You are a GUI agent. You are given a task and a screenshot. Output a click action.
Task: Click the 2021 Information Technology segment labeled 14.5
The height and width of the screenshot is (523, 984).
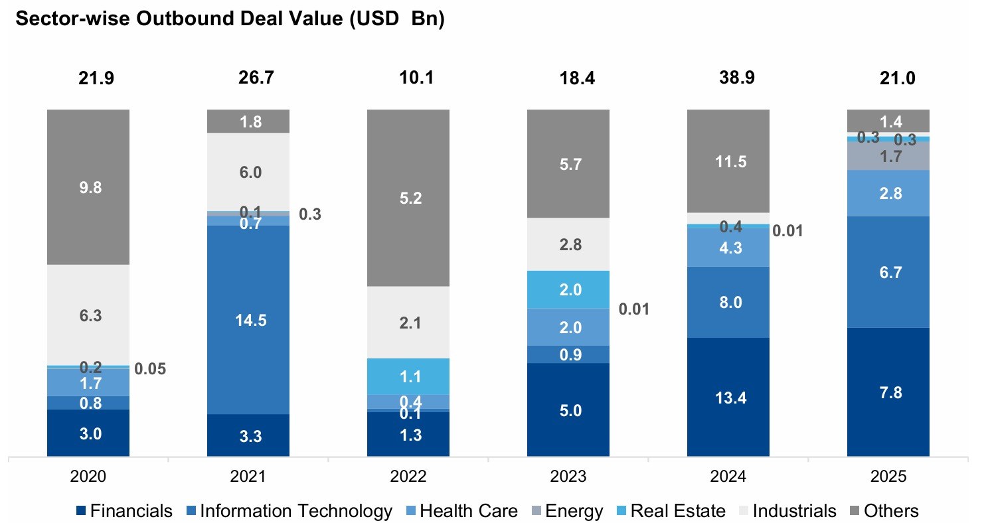pos(248,320)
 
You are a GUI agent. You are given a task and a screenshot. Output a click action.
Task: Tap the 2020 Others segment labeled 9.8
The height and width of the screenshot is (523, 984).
pos(88,187)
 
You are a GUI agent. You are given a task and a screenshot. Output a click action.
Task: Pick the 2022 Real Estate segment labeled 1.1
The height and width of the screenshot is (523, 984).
pos(408,376)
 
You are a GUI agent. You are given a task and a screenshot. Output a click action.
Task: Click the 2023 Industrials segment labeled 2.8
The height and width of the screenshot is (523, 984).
pos(568,244)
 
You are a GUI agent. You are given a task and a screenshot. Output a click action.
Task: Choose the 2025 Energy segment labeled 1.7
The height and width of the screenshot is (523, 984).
pos(888,157)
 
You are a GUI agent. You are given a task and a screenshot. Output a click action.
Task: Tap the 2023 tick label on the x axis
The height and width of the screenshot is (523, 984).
pos(568,477)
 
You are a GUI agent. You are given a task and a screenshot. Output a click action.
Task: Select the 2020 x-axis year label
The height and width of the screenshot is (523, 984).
pos(88,477)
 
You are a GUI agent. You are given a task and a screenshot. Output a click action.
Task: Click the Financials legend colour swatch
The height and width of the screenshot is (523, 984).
pos(81,511)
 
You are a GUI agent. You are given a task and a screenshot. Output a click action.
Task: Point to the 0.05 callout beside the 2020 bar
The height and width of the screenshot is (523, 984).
pos(150,369)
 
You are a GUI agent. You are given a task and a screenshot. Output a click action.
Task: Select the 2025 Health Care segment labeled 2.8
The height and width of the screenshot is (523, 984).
pos(888,193)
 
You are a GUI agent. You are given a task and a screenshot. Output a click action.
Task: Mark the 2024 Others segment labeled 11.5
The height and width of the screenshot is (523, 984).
pos(728,161)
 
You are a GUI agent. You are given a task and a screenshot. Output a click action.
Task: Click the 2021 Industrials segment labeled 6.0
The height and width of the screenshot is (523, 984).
pos(248,172)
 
